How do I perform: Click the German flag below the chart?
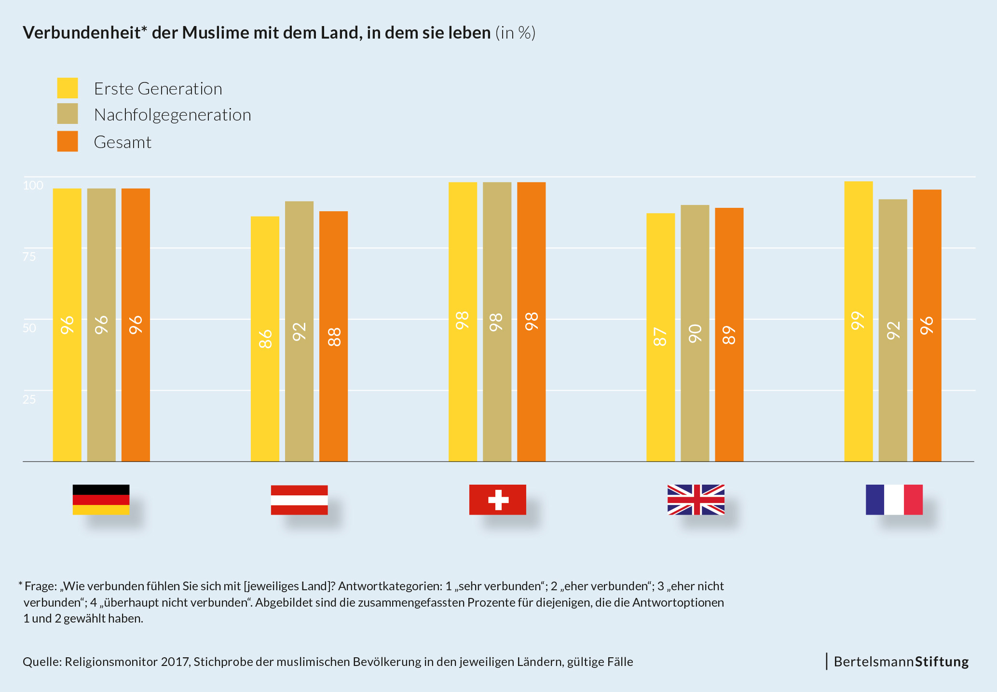point(101,500)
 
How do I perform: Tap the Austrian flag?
point(299,500)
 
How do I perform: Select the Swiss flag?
point(497,500)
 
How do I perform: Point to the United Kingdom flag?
point(696,500)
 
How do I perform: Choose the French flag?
point(894,500)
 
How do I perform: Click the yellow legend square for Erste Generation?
point(68,88)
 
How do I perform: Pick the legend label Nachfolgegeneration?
point(172,115)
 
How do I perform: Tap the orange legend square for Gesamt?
point(68,141)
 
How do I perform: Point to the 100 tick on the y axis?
point(33,186)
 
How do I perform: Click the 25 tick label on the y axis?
point(29,399)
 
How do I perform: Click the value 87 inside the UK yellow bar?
point(660,337)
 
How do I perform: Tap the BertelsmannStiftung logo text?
point(901,662)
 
